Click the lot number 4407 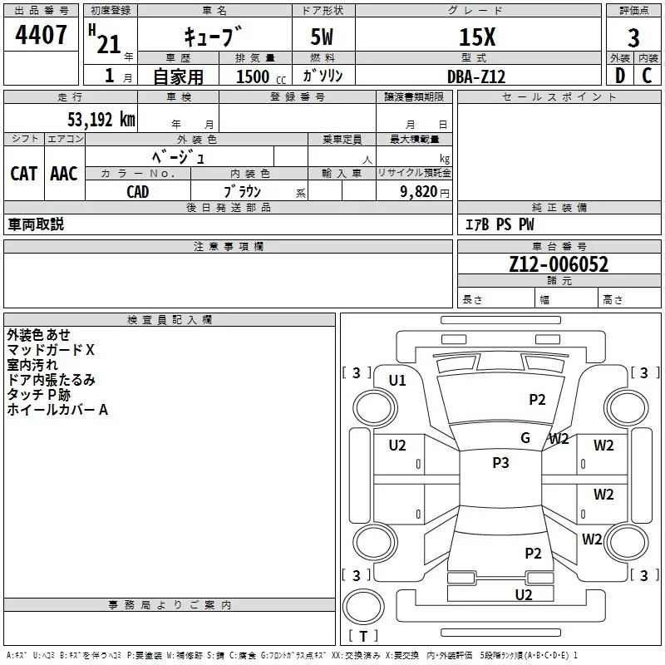click(42, 36)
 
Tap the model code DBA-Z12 click(476, 76)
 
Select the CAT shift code click(23, 174)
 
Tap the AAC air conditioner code click(63, 174)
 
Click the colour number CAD click(138, 192)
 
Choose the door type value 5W click(323, 38)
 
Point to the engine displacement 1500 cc click(258, 76)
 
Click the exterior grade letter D click(619, 76)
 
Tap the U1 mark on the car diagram click(397, 381)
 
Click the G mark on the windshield click(525, 438)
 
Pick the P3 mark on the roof click(500, 463)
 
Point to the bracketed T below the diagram click(362, 636)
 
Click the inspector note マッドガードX click(51, 350)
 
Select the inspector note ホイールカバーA click(57, 410)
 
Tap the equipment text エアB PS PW click(499, 224)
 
